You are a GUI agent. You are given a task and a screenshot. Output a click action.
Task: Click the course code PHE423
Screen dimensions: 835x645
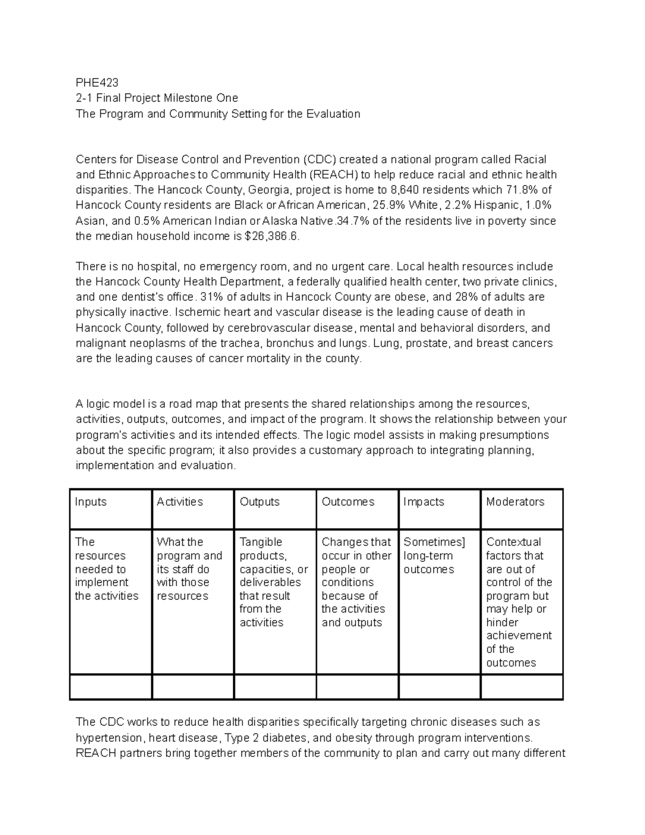pos(97,83)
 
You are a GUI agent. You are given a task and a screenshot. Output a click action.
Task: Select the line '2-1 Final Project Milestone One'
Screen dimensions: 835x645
pos(156,98)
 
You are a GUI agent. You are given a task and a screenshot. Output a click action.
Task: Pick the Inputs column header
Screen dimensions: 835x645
pos(91,502)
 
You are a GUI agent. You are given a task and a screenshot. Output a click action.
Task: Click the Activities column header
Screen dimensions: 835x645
pos(180,502)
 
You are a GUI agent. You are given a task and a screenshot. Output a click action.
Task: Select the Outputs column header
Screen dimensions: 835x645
pos(260,502)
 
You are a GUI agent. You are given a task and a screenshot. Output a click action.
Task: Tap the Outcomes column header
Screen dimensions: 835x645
pos(348,502)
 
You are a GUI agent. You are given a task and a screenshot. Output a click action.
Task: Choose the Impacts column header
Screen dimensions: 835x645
pos(424,502)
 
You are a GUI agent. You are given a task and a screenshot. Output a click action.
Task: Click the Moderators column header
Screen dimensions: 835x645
pos(515,502)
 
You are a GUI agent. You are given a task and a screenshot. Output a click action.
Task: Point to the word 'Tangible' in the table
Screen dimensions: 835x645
pos(261,542)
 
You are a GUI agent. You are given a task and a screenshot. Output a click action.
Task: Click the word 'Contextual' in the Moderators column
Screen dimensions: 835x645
pos(513,542)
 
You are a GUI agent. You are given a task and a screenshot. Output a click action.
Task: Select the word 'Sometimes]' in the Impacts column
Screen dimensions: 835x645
pos(434,542)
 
